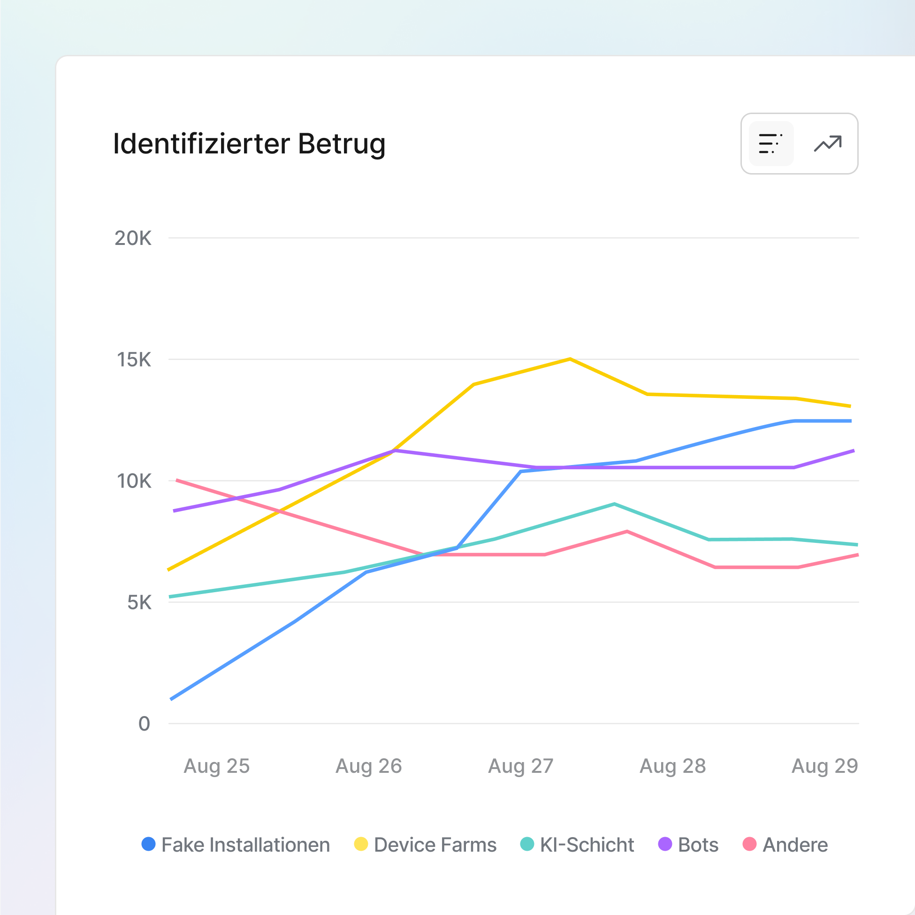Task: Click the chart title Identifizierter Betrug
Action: [249, 144]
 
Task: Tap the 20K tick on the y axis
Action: [133, 238]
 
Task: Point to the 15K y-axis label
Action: [134, 360]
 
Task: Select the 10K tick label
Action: [134, 481]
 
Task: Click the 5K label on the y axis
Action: [139, 603]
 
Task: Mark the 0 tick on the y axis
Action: [144, 724]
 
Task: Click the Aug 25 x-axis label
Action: [216, 766]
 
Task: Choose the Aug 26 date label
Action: [368, 766]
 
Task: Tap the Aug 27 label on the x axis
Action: [520, 766]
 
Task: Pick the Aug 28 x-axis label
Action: [672, 766]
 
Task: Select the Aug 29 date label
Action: [824, 766]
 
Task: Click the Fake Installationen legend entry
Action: [236, 845]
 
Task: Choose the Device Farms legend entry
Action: [425, 845]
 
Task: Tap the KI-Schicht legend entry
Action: [577, 845]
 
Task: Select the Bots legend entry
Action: [688, 845]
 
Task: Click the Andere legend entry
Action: [785, 845]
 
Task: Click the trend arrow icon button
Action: [828, 144]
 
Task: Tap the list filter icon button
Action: [771, 144]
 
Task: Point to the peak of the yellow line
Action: [570, 359]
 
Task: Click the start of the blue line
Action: [171, 699]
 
